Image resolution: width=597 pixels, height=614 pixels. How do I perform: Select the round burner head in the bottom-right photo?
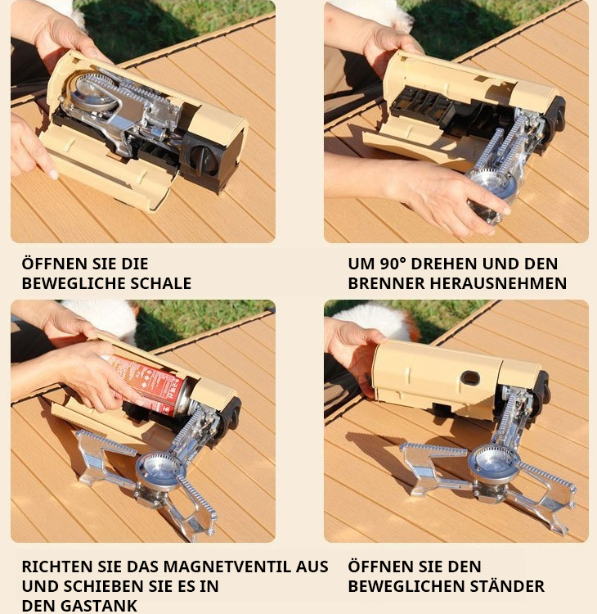pyautogui.click(x=494, y=463)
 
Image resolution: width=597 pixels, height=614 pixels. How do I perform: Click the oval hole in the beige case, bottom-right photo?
pyautogui.click(x=471, y=378)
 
